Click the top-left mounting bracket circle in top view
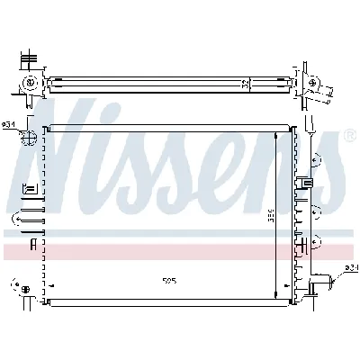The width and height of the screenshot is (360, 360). (31, 83)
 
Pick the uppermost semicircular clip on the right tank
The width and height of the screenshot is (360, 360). (314, 162)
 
